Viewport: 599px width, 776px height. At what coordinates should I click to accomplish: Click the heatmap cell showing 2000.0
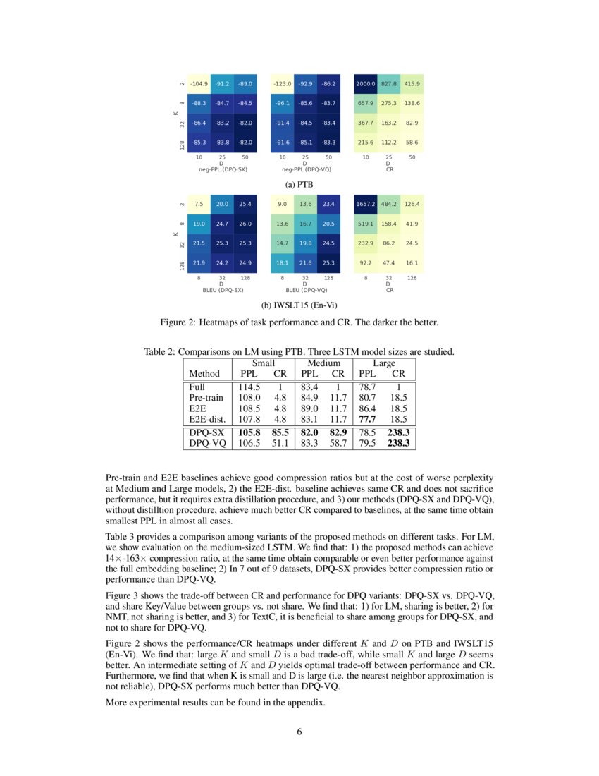tap(366, 83)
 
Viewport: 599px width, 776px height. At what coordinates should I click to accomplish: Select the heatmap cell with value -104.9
tap(199, 83)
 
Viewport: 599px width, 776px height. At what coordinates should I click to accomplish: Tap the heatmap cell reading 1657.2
tap(366, 205)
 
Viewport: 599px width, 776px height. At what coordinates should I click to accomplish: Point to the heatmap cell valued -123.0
tap(283, 83)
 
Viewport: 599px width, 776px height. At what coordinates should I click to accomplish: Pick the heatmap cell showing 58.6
tap(412, 143)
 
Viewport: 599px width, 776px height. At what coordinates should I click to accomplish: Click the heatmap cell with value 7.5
tap(199, 205)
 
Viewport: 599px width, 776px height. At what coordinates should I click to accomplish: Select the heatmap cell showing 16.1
tap(412, 263)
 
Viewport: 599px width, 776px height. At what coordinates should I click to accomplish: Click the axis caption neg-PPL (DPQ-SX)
tap(223, 169)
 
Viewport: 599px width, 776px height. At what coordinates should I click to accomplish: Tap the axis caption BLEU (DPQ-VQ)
tap(306, 290)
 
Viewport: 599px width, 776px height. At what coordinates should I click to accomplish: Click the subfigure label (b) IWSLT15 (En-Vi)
tap(299, 305)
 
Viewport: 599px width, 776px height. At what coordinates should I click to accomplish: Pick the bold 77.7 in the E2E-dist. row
tap(368, 418)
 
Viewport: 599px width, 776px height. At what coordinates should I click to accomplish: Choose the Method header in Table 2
tap(204, 373)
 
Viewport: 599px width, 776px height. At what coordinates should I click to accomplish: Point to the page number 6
tap(299, 731)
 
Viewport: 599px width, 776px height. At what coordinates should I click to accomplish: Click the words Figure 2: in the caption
tap(180, 323)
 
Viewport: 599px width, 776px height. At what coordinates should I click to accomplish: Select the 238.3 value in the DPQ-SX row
tap(399, 431)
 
